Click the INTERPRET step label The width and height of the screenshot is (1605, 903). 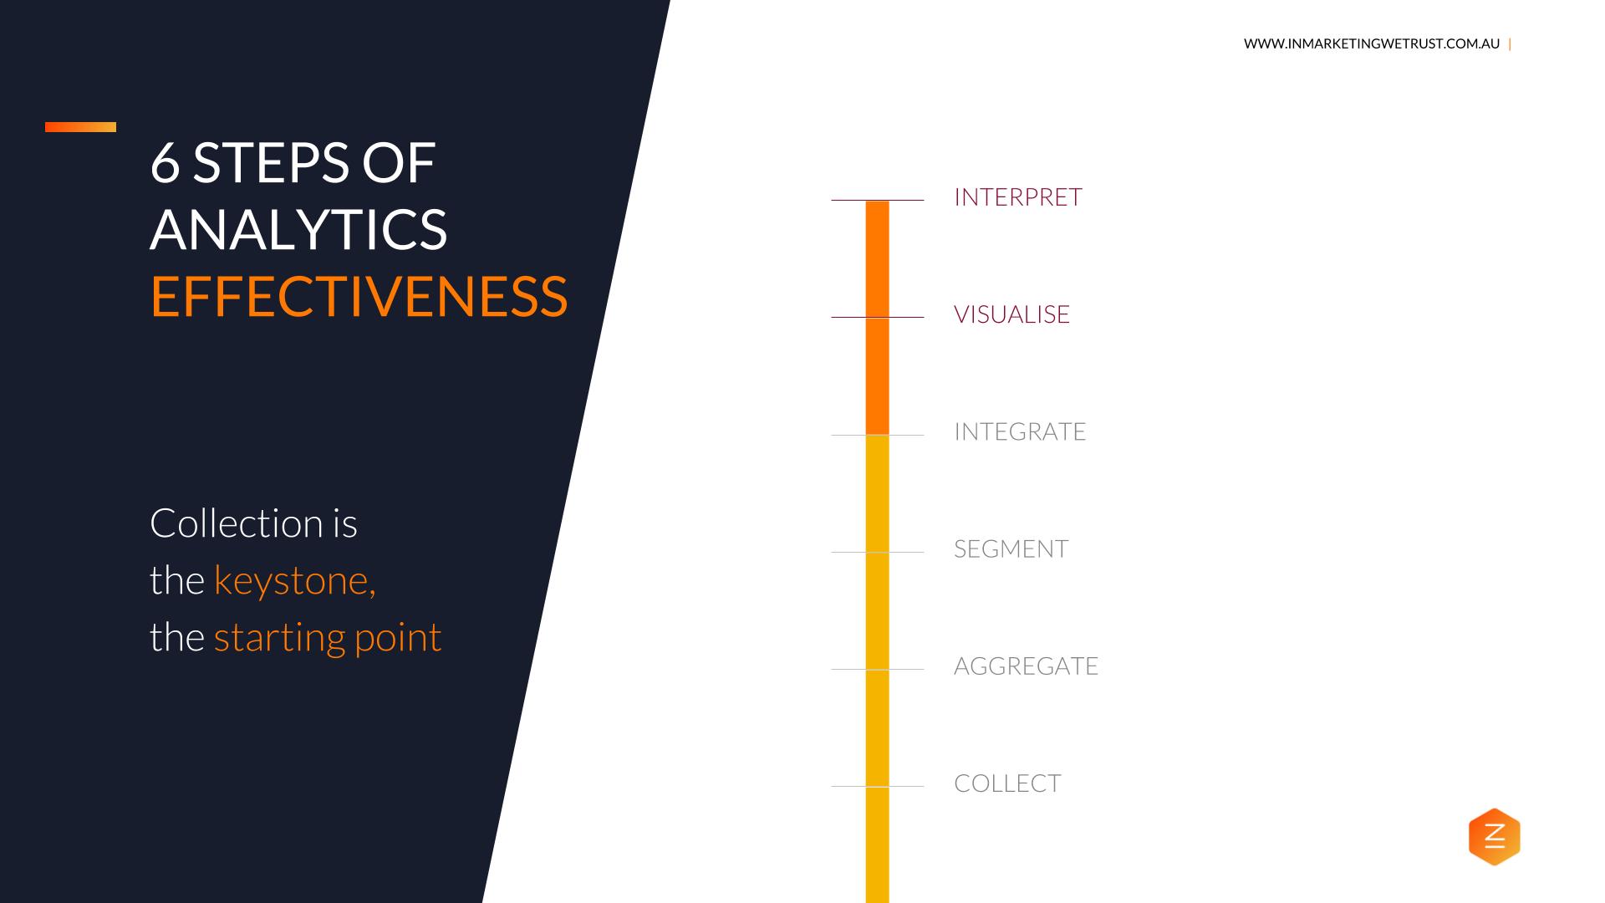[1017, 196]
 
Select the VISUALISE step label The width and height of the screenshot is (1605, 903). [1011, 314]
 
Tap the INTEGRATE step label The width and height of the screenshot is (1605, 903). [1020, 431]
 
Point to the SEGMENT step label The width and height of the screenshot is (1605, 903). [1011, 548]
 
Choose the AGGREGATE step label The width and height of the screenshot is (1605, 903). [1026, 666]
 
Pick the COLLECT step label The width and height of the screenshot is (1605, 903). [1007, 783]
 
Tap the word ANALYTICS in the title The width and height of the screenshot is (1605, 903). [299, 228]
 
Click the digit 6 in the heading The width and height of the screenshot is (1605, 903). [166, 162]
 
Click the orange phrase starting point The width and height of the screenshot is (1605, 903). [328, 638]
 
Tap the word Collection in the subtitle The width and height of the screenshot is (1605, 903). [237, 523]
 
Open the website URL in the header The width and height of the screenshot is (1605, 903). [1372, 43]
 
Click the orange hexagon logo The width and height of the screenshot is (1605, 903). [1494, 836]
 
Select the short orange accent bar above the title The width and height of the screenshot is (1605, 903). [80, 127]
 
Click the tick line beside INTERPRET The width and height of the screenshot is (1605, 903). [877, 201]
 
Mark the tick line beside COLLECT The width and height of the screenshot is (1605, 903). [877, 786]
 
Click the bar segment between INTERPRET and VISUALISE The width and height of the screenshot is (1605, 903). [877, 259]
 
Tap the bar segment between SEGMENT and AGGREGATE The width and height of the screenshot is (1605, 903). [877, 610]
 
